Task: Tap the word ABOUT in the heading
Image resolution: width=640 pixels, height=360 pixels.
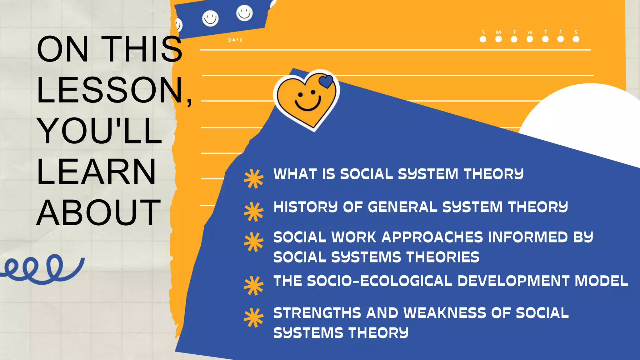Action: pos(98,212)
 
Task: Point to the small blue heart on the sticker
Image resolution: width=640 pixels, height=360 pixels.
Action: pos(326,82)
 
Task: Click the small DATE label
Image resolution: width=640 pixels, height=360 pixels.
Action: pos(235,40)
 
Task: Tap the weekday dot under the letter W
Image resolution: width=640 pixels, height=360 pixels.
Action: pos(530,39)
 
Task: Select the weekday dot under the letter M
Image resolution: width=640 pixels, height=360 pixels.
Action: pos(498,39)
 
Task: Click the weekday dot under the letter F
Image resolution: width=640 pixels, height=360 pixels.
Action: pos(561,39)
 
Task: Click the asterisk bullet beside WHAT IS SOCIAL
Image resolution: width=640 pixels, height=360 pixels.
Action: pos(253,179)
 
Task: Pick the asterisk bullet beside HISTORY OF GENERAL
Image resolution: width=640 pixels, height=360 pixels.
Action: pos(253,212)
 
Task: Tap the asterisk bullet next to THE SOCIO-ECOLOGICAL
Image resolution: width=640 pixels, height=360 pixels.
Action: pos(253,286)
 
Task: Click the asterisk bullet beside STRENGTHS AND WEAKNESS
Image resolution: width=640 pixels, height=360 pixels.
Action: pos(253,318)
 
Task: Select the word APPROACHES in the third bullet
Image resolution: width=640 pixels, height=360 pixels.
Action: pos(432,237)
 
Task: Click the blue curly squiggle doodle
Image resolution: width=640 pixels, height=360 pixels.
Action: pos(42,269)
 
